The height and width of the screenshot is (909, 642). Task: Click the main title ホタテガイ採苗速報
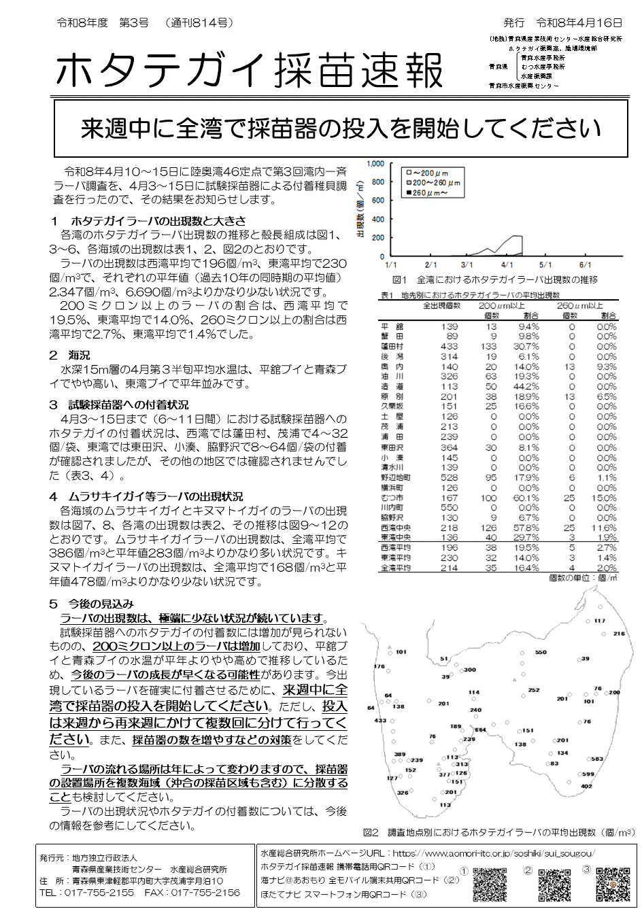point(249,71)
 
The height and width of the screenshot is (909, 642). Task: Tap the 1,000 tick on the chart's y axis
point(375,164)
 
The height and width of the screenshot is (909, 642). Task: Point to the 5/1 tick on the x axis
point(545,264)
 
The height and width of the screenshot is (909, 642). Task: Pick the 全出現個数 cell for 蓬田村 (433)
point(449,346)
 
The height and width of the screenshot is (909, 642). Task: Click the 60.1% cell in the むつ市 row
point(527,498)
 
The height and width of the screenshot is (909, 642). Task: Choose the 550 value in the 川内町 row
point(449,508)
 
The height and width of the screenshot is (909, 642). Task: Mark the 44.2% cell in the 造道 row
point(527,387)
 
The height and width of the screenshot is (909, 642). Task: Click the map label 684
point(480,730)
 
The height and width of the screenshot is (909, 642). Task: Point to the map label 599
point(588,774)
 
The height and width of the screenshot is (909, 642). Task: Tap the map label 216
point(619,634)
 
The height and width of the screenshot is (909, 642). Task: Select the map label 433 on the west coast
point(380,721)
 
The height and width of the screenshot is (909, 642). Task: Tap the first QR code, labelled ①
point(490,884)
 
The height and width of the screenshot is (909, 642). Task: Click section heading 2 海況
point(69,355)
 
